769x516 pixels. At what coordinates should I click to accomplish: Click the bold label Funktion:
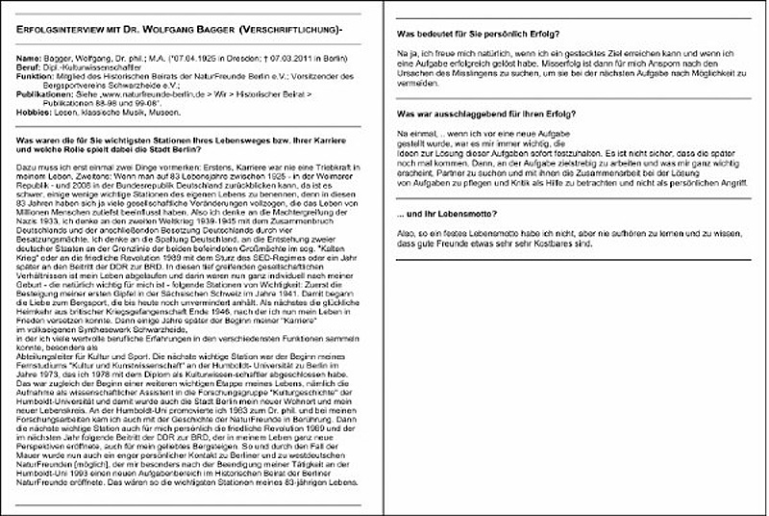[37, 78]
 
